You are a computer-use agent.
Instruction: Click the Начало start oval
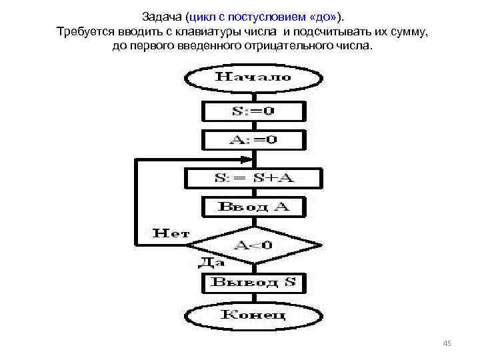[x=253, y=77]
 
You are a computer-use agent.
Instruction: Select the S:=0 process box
[x=253, y=111]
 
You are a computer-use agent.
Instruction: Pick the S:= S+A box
[x=253, y=178]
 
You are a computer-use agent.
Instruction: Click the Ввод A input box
[x=253, y=206]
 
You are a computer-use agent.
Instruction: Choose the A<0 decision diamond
[x=253, y=245]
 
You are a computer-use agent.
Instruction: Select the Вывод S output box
[x=253, y=282]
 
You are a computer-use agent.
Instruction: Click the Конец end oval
[x=253, y=315]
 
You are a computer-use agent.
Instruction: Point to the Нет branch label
[x=171, y=233]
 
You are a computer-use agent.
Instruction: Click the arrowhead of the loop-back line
[x=248, y=159]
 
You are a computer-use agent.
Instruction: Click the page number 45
[x=447, y=343]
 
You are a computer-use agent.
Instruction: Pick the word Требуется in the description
[x=83, y=32]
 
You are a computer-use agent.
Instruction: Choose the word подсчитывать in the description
[x=328, y=32]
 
